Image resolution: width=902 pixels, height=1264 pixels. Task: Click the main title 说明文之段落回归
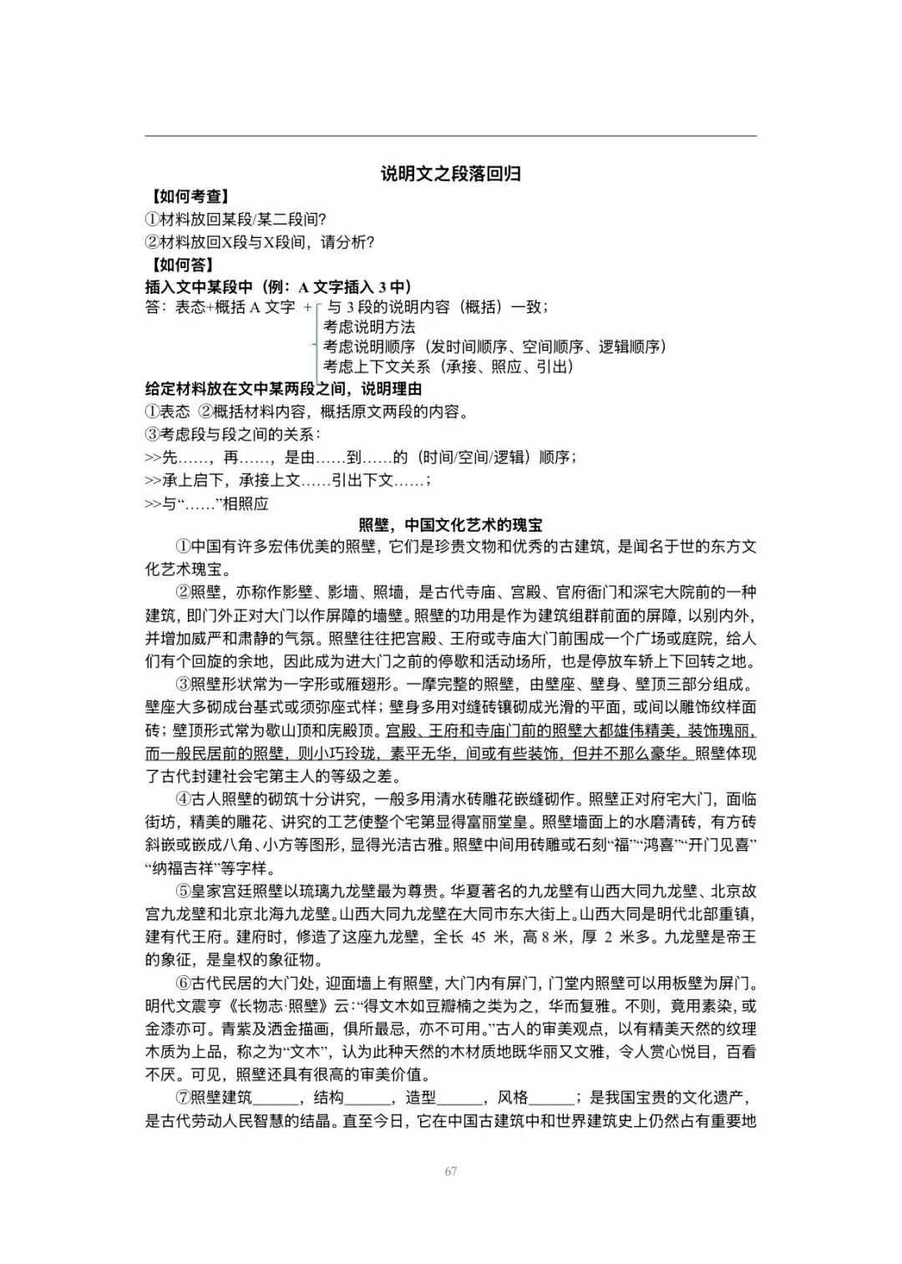pyautogui.click(x=451, y=174)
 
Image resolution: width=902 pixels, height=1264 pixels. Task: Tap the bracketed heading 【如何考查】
pyautogui.click(x=190, y=197)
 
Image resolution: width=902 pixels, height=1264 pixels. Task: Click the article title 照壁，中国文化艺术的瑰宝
pyautogui.click(x=450, y=525)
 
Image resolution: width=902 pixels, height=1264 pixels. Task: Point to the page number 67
pyautogui.click(x=451, y=1171)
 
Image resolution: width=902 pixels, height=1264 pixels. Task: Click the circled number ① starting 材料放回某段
pyautogui.click(x=152, y=220)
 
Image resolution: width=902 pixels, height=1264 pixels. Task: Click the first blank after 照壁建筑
pyautogui.click(x=275, y=1099)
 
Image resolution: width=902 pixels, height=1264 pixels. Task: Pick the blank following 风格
pyautogui.click(x=550, y=1099)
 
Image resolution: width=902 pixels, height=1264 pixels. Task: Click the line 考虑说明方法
pyautogui.click(x=368, y=326)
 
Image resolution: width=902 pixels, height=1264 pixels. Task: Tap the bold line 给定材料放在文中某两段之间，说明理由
pyautogui.click(x=283, y=389)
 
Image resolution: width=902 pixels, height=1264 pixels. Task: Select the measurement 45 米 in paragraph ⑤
pyautogui.click(x=489, y=938)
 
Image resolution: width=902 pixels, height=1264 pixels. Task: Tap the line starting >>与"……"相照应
pyautogui.click(x=206, y=503)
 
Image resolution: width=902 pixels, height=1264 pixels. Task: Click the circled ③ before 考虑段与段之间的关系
pyautogui.click(x=152, y=434)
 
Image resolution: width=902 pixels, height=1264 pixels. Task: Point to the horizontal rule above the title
pyautogui.click(x=450, y=136)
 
